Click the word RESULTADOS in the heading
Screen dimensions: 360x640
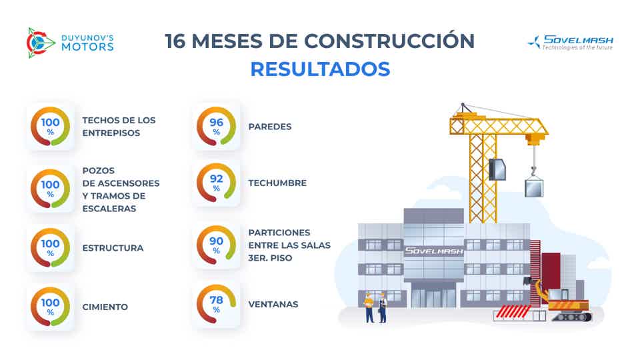[x=320, y=69]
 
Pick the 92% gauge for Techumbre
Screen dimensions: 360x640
[x=217, y=183]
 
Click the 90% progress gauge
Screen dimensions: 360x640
[x=217, y=245]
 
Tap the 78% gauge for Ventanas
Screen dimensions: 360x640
[x=217, y=304]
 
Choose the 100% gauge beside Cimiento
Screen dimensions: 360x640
[x=50, y=307]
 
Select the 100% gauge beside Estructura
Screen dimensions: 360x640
[x=50, y=248]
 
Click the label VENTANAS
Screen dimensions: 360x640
[x=273, y=305]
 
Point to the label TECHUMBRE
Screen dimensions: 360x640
[x=277, y=183]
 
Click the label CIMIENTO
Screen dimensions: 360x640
[x=105, y=307]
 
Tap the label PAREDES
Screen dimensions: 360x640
[x=270, y=126]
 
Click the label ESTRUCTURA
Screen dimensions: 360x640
[x=113, y=248]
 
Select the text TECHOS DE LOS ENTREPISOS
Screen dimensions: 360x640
[x=119, y=127]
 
